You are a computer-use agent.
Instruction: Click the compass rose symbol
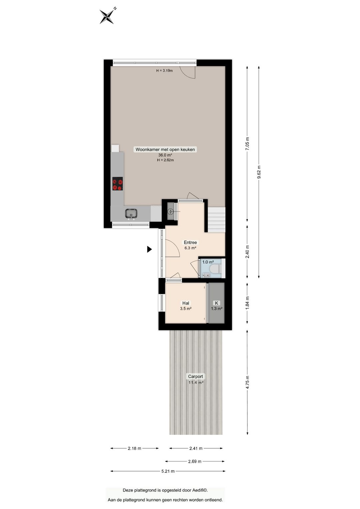[x=107, y=16]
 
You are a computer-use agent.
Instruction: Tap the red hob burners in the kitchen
[x=117, y=184]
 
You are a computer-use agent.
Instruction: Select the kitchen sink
[x=131, y=213]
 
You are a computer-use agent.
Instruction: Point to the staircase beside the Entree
[x=217, y=219]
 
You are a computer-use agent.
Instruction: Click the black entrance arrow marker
[x=149, y=249]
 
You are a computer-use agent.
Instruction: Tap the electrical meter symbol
[x=171, y=211]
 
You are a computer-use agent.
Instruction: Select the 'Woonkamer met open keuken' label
[x=165, y=149]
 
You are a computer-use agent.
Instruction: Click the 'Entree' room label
[x=190, y=242]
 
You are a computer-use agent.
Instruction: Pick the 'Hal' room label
[x=186, y=303]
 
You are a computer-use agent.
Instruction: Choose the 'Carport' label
[x=195, y=377]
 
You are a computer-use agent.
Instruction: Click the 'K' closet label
[x=217, y=303]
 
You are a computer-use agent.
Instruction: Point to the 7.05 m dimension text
[x=247, y=144]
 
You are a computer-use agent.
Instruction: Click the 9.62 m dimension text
[x=259, y=172]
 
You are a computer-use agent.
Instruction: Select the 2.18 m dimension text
[x=134, y=449]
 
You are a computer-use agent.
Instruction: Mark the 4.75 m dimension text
[x=247, y=382]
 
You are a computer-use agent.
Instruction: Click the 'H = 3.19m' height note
[x=164, y=71]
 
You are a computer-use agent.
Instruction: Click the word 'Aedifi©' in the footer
[x=200, y=490]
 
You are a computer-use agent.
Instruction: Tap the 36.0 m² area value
[x=165, y=155]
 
